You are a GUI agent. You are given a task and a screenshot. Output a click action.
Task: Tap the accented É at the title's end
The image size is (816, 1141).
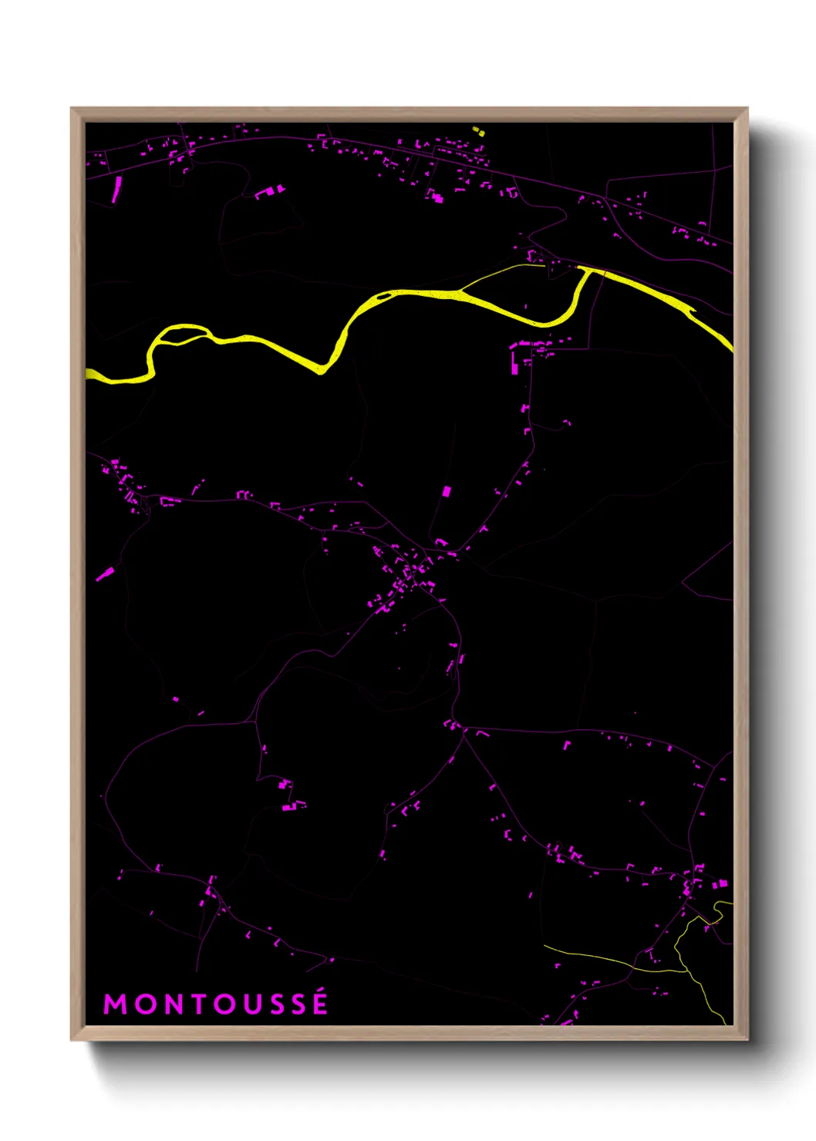coord(319,1003)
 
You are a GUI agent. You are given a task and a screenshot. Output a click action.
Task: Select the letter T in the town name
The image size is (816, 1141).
coord(196,1005)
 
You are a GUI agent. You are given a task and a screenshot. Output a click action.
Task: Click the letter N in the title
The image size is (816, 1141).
coord(170,1005)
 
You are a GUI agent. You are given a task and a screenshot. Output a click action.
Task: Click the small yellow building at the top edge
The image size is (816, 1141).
coord(478,132)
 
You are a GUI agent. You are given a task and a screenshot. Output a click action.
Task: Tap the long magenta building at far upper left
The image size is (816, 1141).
coord(116,189)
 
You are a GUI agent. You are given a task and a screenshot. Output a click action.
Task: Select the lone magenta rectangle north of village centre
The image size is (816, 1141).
coord(446,491)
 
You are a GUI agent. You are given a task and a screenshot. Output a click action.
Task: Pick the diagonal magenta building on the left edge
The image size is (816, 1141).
coord(105,574)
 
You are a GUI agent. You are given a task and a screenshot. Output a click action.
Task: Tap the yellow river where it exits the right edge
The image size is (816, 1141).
coord(727,344)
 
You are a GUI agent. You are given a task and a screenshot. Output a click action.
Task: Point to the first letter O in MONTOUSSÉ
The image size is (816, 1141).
coord(143,1005)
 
